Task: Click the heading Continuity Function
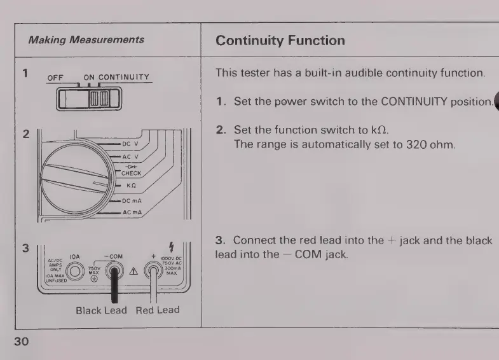280,41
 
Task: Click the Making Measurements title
86,39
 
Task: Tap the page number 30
22,342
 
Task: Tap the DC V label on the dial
130,144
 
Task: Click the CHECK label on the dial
130,173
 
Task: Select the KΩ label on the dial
131,186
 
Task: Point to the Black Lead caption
101,310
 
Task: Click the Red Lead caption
158,310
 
